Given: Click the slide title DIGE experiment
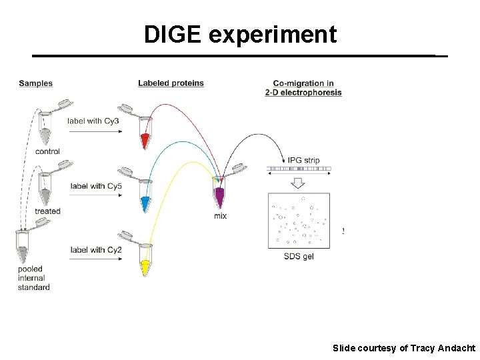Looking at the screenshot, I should click(240, 35).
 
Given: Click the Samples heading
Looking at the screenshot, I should click(35, 83).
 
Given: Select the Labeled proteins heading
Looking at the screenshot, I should click(171, 83).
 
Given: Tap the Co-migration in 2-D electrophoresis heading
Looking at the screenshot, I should click(303, 87).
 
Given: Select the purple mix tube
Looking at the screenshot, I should click(220, 197).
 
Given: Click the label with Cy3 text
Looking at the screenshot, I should click(93, 121).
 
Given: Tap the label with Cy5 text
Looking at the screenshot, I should click(96, 186).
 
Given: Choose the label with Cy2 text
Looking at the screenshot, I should click(96, 250).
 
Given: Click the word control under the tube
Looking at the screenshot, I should click(47, 151).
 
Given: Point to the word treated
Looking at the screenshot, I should click(47, 211).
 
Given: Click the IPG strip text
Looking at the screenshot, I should click(303, 160).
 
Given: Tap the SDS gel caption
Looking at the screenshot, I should click(298, 256).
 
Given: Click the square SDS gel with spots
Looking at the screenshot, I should click(298, 220).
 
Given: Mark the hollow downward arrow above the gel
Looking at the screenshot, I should click(298, 183).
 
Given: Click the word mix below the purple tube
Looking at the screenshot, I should click(220, 216).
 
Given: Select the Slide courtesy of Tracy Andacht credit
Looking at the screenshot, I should click(404, 349).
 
